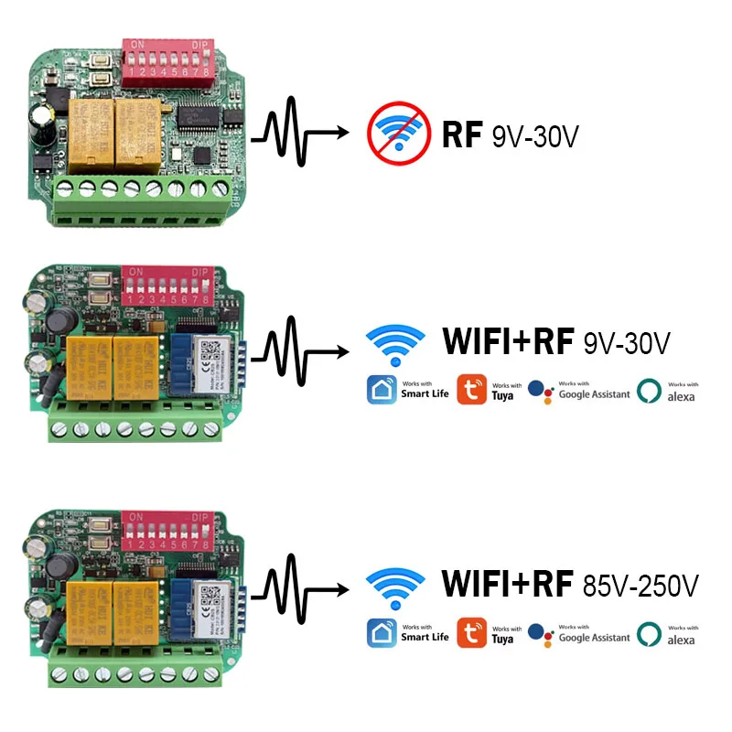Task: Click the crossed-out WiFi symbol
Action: tap(398, 134)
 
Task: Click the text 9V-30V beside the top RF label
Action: tap(535, 136)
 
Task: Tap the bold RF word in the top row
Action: tap(461, 135)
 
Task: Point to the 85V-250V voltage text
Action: tap(640, 584)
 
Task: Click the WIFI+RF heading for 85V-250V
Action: tap(507, 583)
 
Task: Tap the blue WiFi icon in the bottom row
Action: tap(395, 586)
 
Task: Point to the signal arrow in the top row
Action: tap(302, 134)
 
